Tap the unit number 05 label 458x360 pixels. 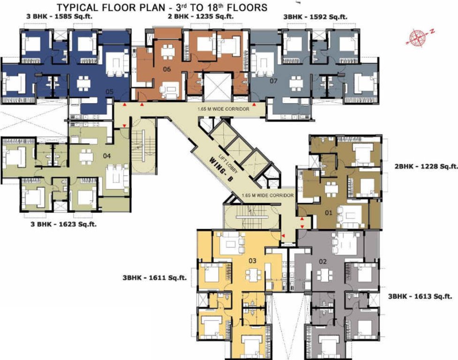[x=109, y=92]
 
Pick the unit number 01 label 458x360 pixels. [x=329, y=213]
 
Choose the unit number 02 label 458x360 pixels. [x=323, y=262]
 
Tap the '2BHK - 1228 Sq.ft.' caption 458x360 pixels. [x=422, y=166]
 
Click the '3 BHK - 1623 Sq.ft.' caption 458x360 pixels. [x=66, y=225]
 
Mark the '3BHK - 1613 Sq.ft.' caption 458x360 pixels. [x=420, y=296]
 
